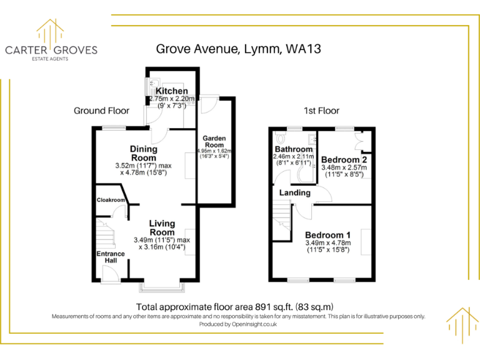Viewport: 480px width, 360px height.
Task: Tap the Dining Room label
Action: click(x=143, y=153)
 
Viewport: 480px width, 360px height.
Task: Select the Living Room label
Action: click(x=161, y=227)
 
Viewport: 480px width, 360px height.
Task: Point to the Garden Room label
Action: click(x=214, y=142)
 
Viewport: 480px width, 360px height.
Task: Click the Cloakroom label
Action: click(x=110, y=201)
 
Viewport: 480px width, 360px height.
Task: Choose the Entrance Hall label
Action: click(x=110, y=257)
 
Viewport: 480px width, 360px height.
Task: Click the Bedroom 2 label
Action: click(x=344, y=159)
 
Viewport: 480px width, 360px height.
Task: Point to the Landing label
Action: click(x=294, y=192)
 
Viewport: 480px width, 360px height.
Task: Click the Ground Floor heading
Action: click(x=101, y=111)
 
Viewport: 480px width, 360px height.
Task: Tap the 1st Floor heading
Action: click(x=321, y=111)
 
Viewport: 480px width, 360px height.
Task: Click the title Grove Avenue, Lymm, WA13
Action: click(x=238, y=48)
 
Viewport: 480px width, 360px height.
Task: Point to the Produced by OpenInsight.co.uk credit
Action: click(x=238, y=324)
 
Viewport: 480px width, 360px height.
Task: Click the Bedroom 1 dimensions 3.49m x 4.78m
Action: click(x=327, y=243)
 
